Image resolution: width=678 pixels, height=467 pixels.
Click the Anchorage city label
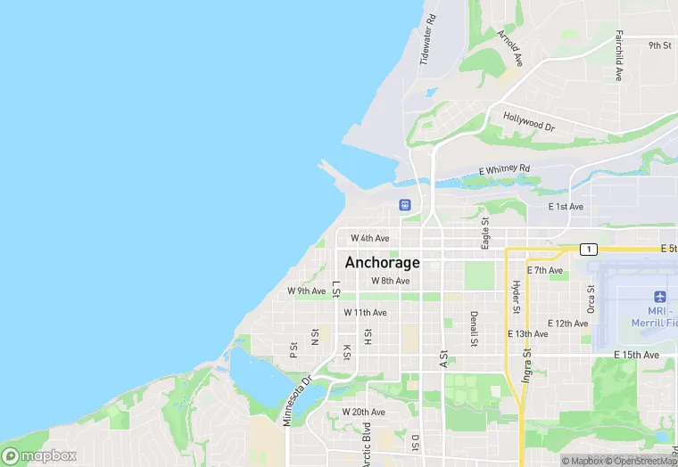coord(382,263)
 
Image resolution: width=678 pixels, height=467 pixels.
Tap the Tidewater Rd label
coord(429,40)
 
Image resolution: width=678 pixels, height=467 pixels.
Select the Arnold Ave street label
coord(509,48)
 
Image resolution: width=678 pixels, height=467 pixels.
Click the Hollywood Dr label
coord(528,122)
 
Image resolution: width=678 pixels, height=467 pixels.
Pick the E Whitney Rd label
coord(504,168)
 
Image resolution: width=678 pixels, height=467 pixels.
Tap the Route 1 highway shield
coord(588,249)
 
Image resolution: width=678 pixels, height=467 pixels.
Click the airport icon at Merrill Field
coord(660,296)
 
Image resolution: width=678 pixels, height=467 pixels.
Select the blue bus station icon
coord(405,206)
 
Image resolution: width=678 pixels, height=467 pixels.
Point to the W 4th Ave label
coord(369,238)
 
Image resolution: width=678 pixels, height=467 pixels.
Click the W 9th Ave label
coord(306,291)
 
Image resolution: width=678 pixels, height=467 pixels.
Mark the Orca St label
coord(591,299)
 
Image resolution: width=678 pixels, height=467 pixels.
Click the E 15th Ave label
coord(636,355)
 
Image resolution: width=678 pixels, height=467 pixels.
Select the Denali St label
coord(474,329)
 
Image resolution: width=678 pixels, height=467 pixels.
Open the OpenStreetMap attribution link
coord(641,461)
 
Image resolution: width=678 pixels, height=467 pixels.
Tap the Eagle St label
coord(485,233)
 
